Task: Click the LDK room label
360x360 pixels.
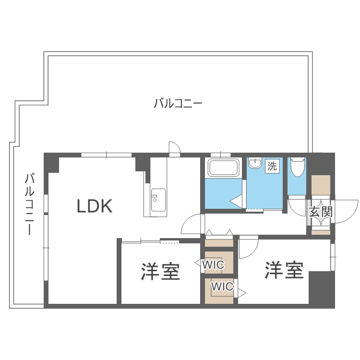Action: (95, 206)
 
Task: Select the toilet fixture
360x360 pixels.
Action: (298, 168)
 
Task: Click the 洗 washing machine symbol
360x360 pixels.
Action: (272, 167)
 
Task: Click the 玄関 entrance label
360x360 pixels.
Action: (320, 212)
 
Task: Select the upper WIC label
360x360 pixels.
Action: (213, 264)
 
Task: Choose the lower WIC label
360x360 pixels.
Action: (222, 287)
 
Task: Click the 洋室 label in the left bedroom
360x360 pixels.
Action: (160, 271)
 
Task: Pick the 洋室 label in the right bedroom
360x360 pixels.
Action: (284, 270)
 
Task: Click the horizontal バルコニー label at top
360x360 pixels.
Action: (178, 103)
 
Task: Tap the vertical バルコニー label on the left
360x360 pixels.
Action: (30, 204)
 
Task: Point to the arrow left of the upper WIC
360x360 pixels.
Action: (198, 263)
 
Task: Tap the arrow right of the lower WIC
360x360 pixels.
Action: (242, 292)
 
